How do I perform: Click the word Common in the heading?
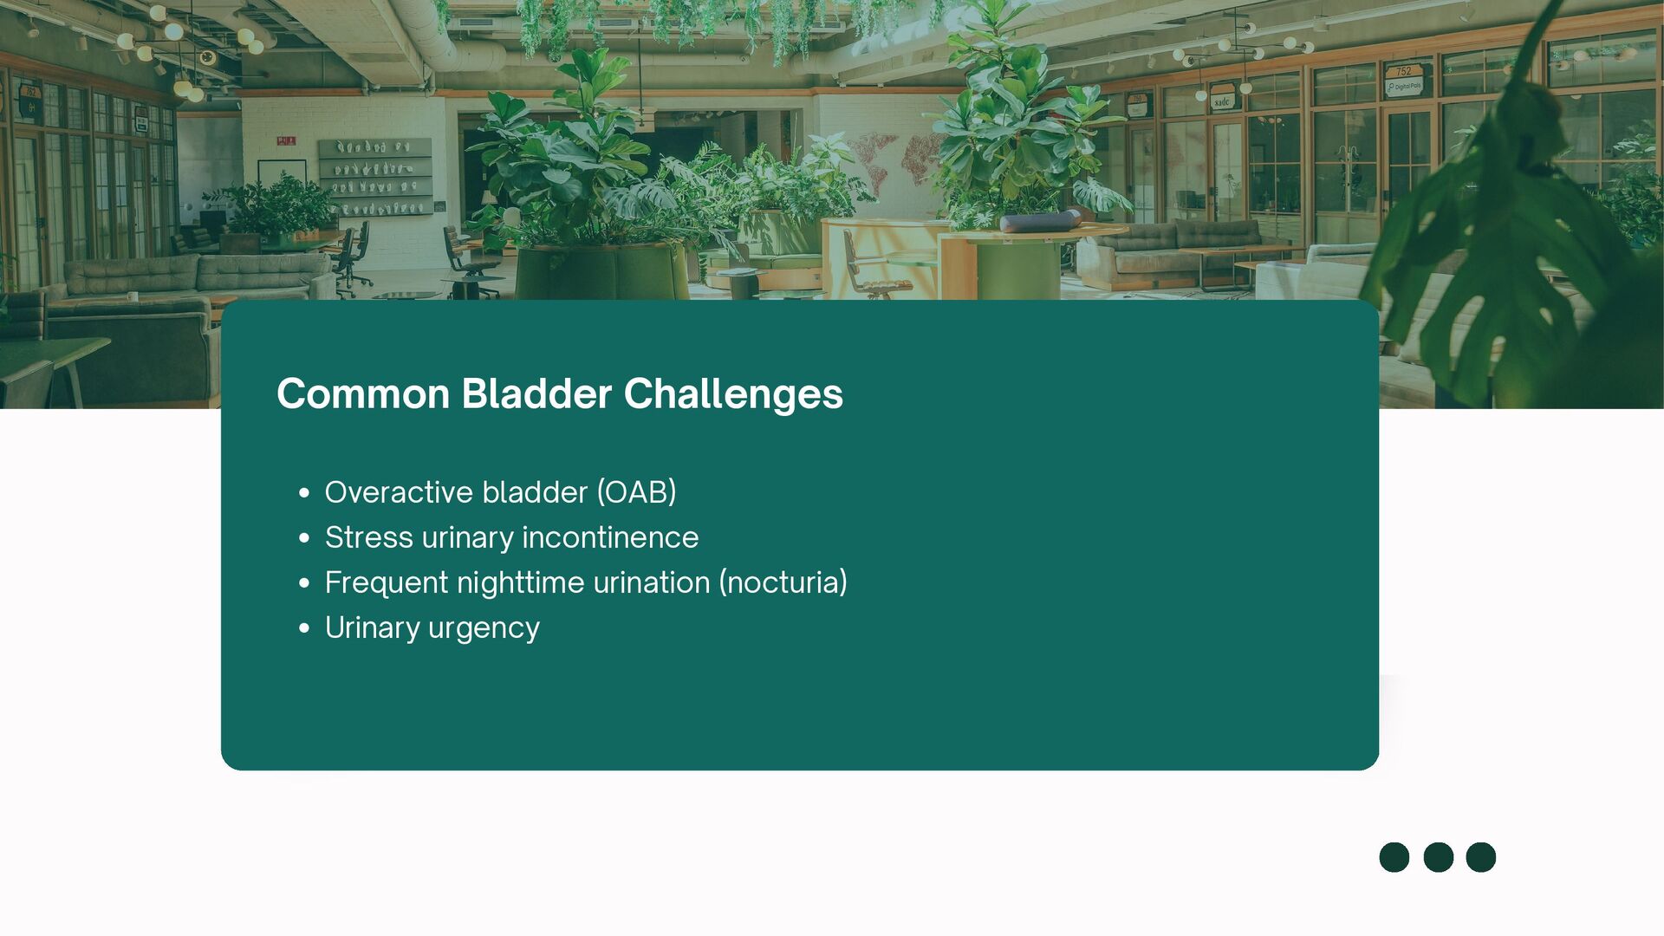(x=363, y=393)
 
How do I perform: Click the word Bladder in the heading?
(x=536, y=393)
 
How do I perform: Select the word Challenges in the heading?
(x=733, y=395)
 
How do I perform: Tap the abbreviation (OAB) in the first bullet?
(x=636, y=492)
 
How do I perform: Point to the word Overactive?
(x=399, y=492)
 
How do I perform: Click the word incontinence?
(x=610, y=537)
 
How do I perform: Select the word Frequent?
(x=387, y=583)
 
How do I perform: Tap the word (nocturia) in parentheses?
(x=783, y=582)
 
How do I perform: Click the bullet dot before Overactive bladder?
(x=304, y=493)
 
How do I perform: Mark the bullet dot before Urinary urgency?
(x=304, y=628)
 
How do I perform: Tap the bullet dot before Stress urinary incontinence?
(x=304, y=538)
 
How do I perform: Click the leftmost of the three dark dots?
(x=1394, y=857)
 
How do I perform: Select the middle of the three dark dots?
(x=1439, y=857)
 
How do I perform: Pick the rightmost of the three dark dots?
(x=1481, y=857)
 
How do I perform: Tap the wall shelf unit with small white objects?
(x=375, y=177)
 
